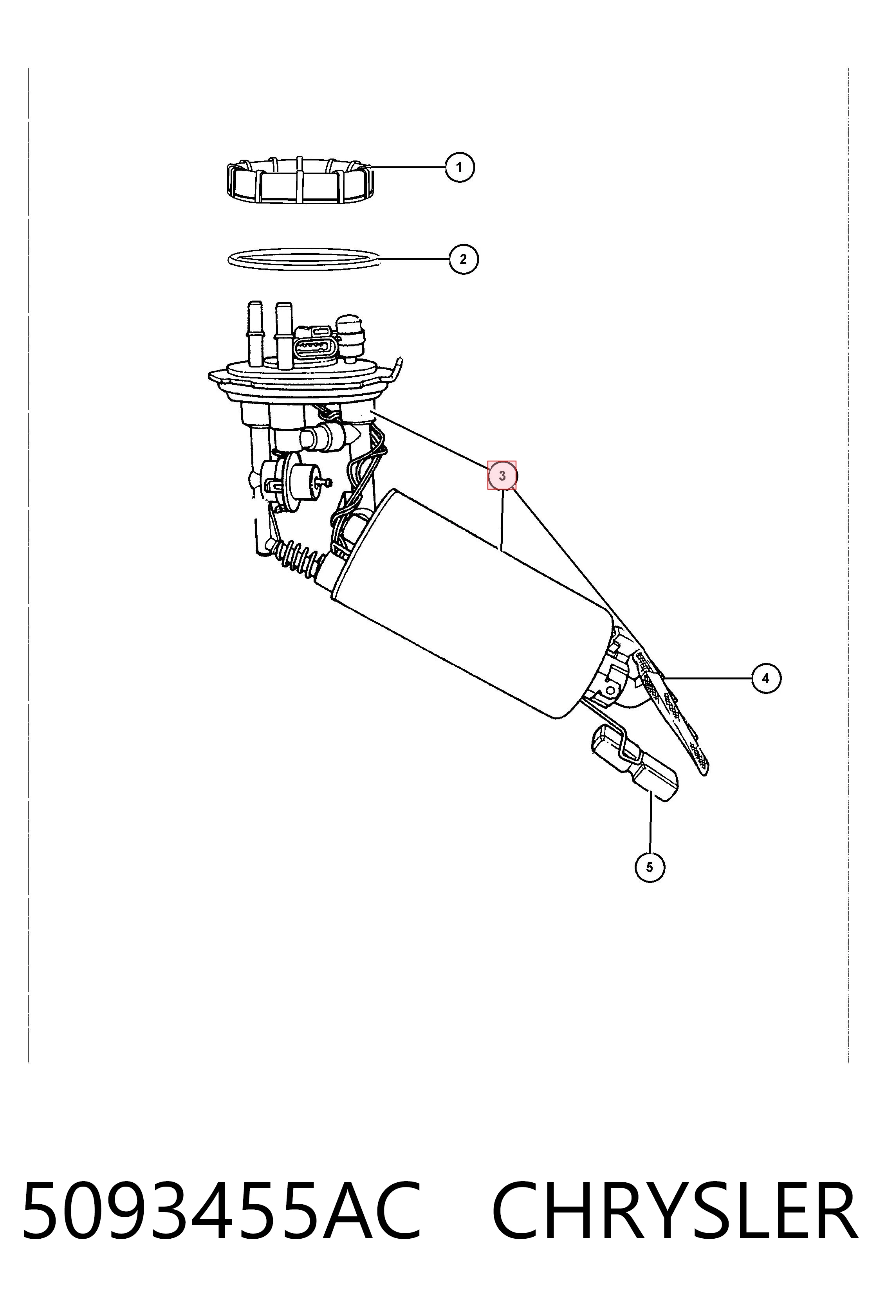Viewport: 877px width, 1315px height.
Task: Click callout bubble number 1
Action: point(459,167)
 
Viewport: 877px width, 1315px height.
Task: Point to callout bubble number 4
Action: point(766,678)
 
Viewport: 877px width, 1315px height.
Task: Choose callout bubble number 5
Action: point(650,867)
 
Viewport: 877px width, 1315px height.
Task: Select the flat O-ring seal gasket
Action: point(304,259)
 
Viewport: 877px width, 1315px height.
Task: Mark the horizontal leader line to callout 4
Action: point(708,678)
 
